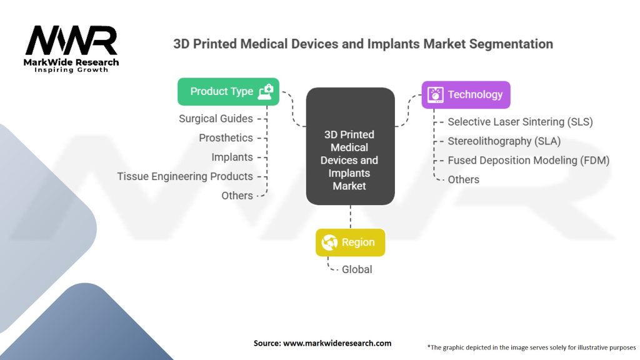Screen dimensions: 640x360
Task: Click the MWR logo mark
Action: coord(71,40)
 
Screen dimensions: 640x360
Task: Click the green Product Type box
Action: coord(228,91)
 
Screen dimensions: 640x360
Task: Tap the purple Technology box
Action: coord(466,95)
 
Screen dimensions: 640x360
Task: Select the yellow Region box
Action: coord(350,242)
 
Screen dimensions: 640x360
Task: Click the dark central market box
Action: coord(350,146)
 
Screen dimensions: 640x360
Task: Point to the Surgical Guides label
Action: coord(216,119)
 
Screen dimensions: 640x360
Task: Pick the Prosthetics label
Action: coord(226,138)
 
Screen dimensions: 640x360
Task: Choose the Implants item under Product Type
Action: coord(232,157)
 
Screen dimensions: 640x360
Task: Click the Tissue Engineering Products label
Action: coord(185,176)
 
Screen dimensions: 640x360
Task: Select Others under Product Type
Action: coord(237,196)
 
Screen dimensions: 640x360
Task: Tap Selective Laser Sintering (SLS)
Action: coord(521,122)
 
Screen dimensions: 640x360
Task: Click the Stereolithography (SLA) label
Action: coord(504,141)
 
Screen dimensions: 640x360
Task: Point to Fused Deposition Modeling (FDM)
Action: coord(529,161)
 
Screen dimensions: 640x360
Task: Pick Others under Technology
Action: coord(464,179)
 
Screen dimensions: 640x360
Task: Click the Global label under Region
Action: coord(357,269)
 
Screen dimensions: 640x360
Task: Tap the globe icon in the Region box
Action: coord(329,242)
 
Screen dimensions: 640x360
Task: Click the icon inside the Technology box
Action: coord(435,95)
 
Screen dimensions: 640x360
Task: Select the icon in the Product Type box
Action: coord(266,92)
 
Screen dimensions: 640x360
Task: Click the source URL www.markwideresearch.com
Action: coord(337,343)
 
